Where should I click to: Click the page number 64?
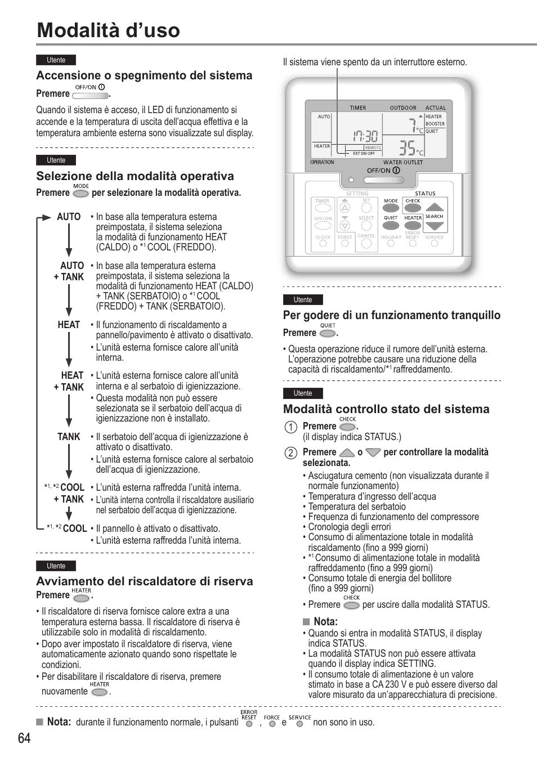coord(24,738)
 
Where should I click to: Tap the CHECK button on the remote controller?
coord(413,208)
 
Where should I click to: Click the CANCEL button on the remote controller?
coord(366,243)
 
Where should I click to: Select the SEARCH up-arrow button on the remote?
coord(435,206)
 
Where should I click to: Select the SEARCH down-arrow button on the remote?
coord(435,226)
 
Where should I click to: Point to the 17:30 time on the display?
coord(365,136)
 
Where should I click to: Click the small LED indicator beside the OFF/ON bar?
coord(351,181)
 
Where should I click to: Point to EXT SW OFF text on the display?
coord(363,153)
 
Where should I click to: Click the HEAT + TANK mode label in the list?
coord(69,381)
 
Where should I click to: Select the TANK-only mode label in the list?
coord(69,437)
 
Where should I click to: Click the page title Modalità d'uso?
coord(108,30)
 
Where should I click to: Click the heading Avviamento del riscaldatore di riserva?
coord(145,581)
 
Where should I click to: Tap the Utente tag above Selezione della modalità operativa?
coord(56,160)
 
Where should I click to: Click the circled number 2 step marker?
coord(290,452)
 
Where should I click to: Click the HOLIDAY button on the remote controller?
coord(391,243)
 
